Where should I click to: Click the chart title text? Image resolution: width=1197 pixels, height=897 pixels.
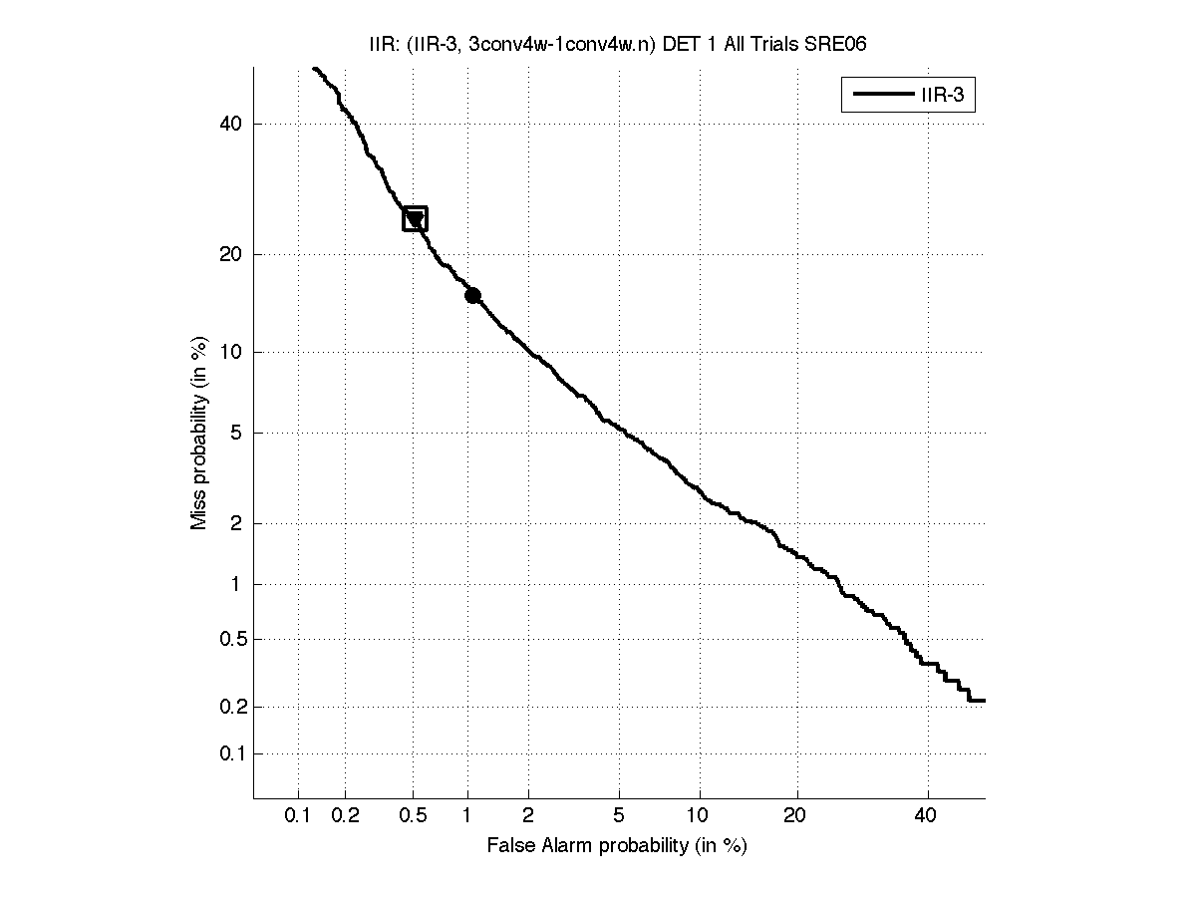(619, 45)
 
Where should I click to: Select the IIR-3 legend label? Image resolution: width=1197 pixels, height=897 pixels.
(946, 97)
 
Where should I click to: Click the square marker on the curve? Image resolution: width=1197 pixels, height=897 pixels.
(415, 219)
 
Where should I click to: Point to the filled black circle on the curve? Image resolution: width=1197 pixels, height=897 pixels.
(472, 295)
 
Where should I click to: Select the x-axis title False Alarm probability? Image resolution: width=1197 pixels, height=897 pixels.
(617, 846)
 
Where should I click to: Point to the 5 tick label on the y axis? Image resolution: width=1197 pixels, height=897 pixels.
(237, 434)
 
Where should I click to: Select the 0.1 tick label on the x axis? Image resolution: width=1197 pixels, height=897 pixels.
(298, 816)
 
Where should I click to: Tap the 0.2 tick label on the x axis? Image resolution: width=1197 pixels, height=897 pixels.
(345, 816)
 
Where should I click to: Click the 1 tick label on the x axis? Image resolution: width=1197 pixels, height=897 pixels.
(467, 816)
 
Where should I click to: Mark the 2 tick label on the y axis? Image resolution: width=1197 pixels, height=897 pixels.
(237, 523)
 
